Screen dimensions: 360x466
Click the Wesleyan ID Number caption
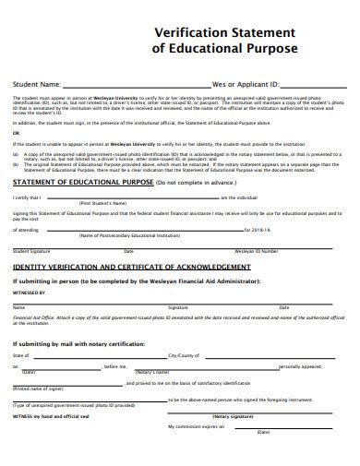255,250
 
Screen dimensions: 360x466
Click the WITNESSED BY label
29,291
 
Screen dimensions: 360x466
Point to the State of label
22,354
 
